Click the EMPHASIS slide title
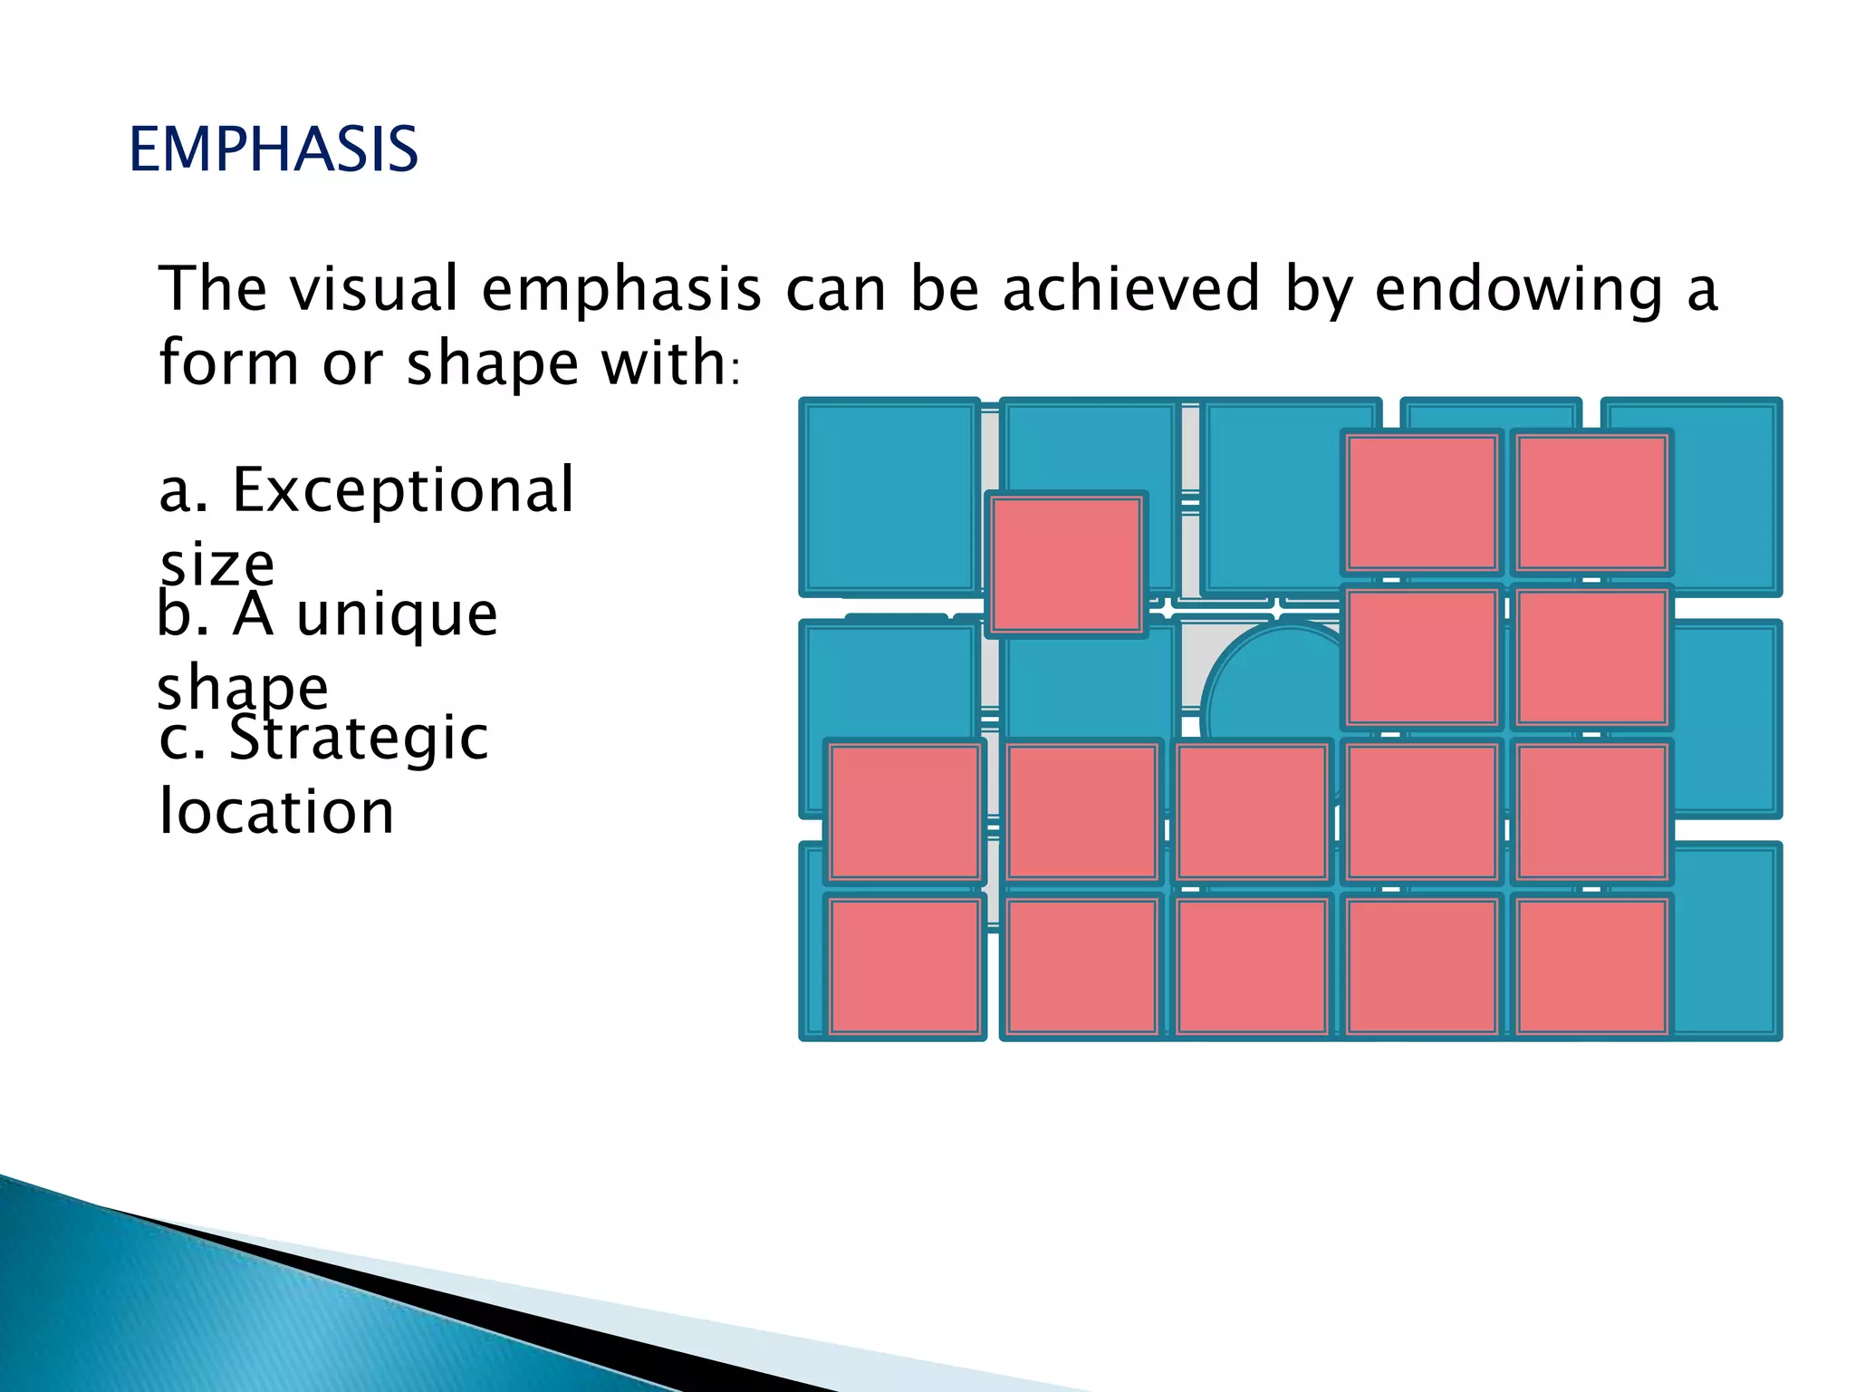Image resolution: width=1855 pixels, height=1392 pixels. coord(274,150)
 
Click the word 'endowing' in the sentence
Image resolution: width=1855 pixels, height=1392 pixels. coord(1519,290)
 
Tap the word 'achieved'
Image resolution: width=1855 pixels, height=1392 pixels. coord(1131,288)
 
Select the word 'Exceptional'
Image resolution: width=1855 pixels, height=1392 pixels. coord(403,489)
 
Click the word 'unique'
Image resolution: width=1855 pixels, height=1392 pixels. coord(397,616)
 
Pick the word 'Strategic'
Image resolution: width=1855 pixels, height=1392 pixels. coord(359,739)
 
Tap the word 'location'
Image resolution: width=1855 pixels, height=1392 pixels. coord(276,811)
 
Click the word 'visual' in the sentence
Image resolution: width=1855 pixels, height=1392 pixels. coord(374,288)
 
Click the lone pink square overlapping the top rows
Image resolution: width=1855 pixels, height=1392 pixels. coord(1066,565)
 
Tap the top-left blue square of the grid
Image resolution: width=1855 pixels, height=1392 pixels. coord(889,497)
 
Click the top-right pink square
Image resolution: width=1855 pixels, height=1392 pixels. coord(1591,503)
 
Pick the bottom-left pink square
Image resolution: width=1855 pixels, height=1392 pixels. coord(905,965)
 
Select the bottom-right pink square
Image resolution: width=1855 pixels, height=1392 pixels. coord(1591,965)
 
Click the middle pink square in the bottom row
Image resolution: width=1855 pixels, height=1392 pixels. coord(1251,965)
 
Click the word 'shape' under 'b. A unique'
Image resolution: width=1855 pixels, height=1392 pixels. coord(243,689)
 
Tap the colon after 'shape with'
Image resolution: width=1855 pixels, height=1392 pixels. coord(735,372)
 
